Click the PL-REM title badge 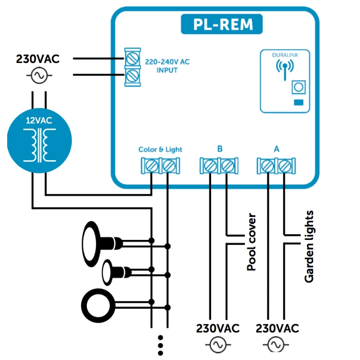(x=222, y=24)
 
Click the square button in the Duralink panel (x=297, y=86)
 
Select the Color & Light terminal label (x=160, y=149)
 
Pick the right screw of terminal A (x=284, y=166)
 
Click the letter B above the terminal (x=220, y=149)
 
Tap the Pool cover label (x=252, y=242)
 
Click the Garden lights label (x=309, y=246)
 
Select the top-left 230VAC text (x=38, y=59)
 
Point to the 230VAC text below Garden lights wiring (x=277, y=328)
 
